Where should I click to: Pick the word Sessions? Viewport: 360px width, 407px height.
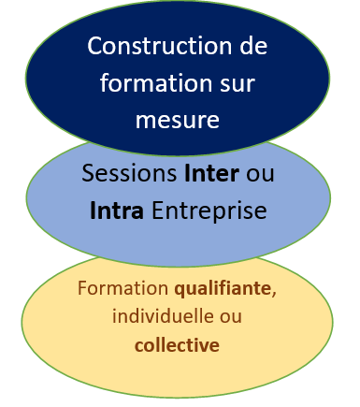click(128, 173)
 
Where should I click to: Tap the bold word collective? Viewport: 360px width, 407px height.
click(177, 345)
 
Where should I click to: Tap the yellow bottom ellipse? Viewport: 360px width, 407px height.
click(56, 318)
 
